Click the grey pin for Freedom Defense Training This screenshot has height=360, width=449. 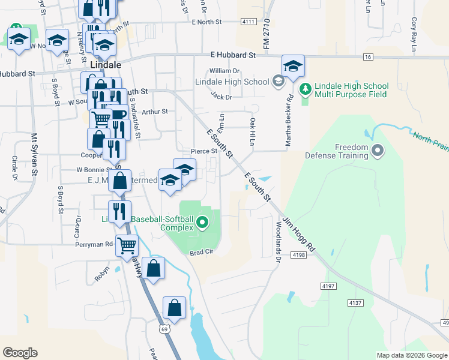point(378,150)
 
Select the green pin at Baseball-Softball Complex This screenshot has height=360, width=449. point(202,224)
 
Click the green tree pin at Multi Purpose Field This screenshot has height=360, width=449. point(306,89)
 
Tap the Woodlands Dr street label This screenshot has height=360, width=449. point(278,242)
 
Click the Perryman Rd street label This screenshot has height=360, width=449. point(94,244)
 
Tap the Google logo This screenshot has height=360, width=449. point(20,353)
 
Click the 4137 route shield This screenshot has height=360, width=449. point(355,303)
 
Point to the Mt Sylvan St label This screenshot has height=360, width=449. point(34,155)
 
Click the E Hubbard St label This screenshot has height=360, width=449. point(233,55)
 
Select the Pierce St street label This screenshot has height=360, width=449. point(203,151)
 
